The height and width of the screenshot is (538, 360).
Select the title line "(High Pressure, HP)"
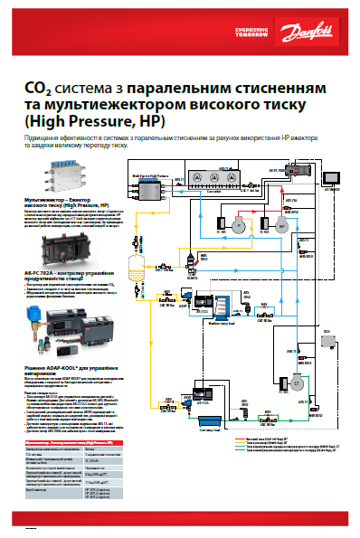81,120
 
